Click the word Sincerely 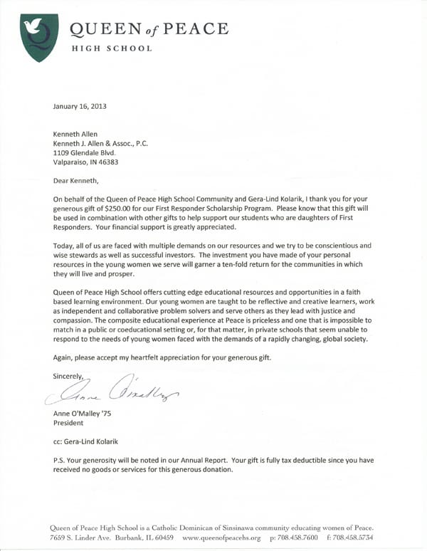68,375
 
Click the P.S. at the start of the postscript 60,460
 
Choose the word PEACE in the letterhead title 201,29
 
